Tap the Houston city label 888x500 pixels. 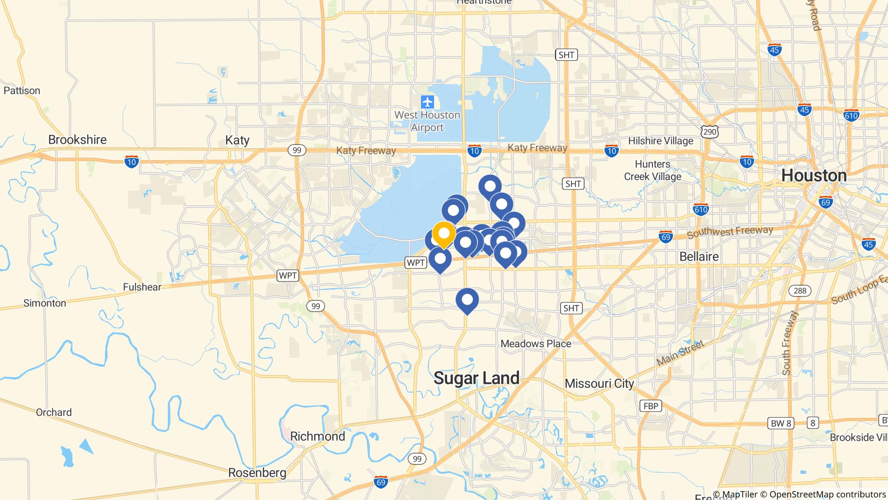tap(813, 175)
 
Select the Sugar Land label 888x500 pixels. tap(476, 378)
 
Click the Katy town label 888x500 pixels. tap(237, 140)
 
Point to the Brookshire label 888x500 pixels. tap(77, 140)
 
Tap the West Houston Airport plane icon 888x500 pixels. tap(428, 102)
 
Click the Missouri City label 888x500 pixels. tap(599, 384)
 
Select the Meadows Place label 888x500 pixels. tap(535, 344)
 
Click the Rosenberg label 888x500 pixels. tap(257, 473)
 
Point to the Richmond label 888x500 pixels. tap(317, 436)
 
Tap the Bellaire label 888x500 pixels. tap(699, 257)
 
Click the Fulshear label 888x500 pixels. tap(142, 287)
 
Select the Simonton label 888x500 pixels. tap(45, 303)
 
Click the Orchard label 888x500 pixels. tap(54, 412)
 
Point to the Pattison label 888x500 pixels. tap(22, 91)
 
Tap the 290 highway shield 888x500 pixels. tap(710, 132)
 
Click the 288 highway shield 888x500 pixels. tap(800, 290)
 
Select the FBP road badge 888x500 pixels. tap(650, 406)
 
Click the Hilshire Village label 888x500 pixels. tap(660, 141)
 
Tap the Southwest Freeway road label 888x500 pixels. tap(730, 232)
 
